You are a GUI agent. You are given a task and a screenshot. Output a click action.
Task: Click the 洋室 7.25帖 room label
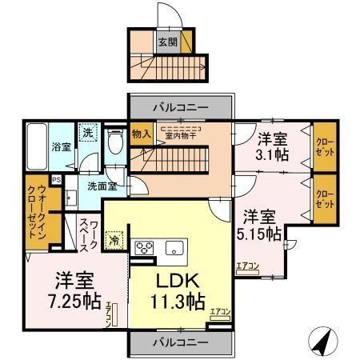click(77, 291)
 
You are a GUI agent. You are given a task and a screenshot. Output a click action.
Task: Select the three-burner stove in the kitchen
click(144, 247)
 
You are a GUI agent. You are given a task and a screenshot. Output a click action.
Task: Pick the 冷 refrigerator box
click(116, 239)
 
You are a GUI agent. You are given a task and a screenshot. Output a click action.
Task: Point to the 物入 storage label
click(141, 134)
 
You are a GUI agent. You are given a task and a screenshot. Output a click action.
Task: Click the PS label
click(56, 181)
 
